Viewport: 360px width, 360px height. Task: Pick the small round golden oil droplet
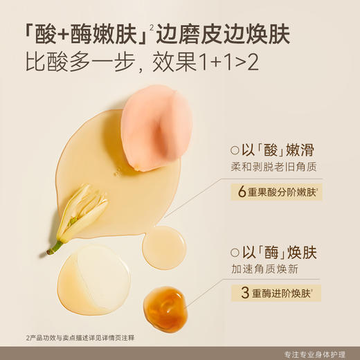click(x=164, y=247)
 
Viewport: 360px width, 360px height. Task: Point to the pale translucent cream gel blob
click(x=94, y=280)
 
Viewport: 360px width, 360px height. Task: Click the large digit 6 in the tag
click(x=242, y=191)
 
